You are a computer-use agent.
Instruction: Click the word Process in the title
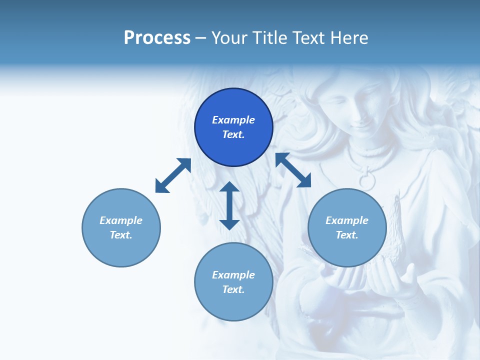click(x=157, y=38)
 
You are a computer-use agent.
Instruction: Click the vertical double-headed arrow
click(x=229, y=205)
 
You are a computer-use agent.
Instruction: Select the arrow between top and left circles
click(x=173, y=175)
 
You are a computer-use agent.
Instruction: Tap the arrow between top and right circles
click(x=293, y=170)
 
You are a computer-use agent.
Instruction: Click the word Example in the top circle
click(x=233, y=120)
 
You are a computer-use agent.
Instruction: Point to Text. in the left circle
click(x=121, y=235)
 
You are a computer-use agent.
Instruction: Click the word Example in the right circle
click(x=347, y=220)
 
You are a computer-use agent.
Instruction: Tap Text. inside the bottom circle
click(x=233, y=289)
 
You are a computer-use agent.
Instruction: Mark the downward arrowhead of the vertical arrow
click(x=229, y=223)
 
